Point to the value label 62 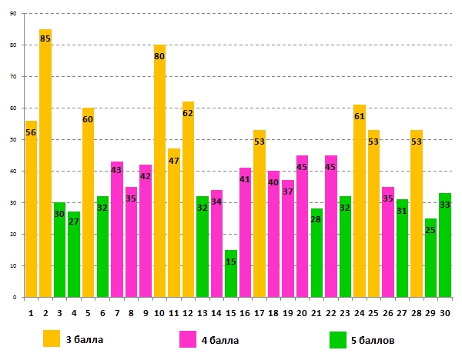[x=189, y=114]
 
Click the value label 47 [x=174, y=161]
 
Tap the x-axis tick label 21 [x=316, y=313]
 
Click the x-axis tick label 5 [x=89, y=313]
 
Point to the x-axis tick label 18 [x=273, y=313]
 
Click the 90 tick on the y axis [x=14, y=14]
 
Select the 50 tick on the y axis [x=14, y=140]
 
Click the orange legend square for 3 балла [x=52, y=338]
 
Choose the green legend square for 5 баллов [x=338, y=338]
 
